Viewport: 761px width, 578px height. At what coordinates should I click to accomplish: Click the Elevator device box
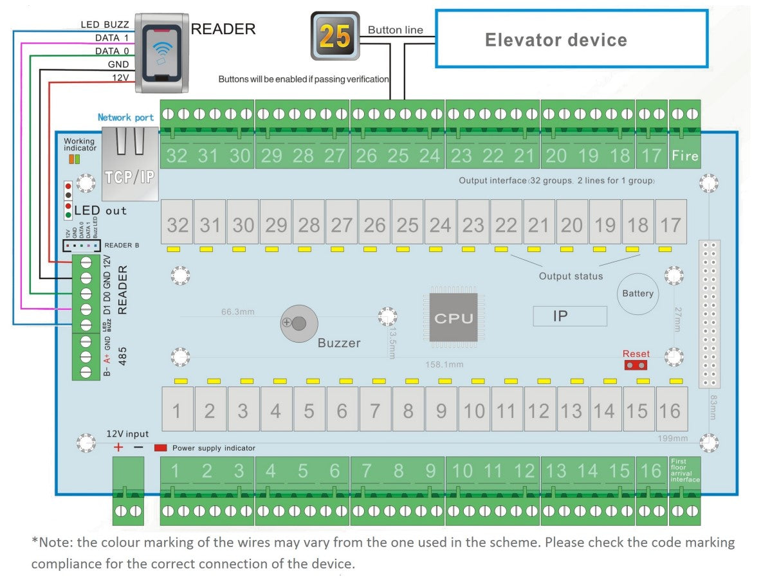tap(571, 39)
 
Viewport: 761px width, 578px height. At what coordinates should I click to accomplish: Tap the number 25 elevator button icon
tap(335, 36)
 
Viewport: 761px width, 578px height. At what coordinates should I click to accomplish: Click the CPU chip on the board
tap(454, 318)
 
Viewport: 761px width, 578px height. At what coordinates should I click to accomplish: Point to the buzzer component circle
tap(298, 323)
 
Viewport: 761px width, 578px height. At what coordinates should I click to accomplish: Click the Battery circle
tap(637, 294)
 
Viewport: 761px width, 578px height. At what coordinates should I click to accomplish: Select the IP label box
tap(569, 316)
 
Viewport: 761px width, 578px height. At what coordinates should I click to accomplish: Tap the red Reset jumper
tap(636, 365)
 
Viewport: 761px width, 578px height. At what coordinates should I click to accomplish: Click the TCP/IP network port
tap(129, 165)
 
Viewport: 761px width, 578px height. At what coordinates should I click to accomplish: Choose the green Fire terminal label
tap(684, 155)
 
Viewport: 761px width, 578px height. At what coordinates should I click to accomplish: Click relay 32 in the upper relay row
tap(177, 225)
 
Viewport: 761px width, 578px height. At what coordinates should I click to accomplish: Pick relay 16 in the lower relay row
tap(670, 410)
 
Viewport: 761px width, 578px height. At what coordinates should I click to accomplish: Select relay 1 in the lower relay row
tap(177, 410)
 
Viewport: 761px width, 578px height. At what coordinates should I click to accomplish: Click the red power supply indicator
tap(160, 447)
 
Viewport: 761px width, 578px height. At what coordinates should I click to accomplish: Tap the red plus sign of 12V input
tap(118, 447)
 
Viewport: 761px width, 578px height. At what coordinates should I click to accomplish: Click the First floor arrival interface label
tap(684, 470)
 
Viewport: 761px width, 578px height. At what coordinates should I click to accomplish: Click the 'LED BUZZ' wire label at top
tap(105, 24)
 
